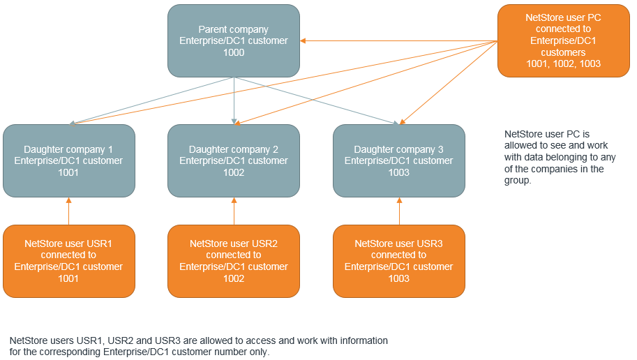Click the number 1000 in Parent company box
click(x=233, y=52)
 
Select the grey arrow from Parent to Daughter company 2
click(x=234, y=101)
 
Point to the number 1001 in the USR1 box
click(x=68, y=278)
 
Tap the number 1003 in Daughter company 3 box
click(x=398, y=172)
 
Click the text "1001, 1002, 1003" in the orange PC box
click(x=563, y=63)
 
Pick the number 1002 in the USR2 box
click(x=233, y=278)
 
